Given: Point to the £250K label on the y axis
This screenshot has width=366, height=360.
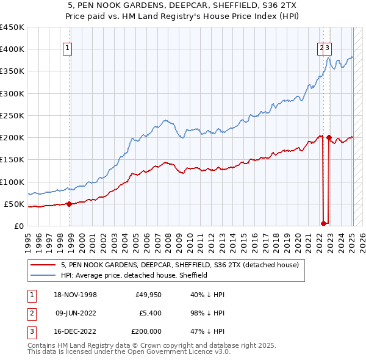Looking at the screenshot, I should tap(12, 115).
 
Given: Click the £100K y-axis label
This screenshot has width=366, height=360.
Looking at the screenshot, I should tap(12, 182).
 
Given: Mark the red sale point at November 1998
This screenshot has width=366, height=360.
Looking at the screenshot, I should tap(69, 204).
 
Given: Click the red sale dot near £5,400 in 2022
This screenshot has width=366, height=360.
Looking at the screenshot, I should tap(323, 223).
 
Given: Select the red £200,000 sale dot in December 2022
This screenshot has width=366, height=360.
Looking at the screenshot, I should tap(329, 138).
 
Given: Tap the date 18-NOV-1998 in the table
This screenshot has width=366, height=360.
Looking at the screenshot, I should tap(76, 295).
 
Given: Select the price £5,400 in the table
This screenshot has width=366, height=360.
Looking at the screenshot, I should tap(148, 313).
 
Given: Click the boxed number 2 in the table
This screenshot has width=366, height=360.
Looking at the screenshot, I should tap(30, 313).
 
